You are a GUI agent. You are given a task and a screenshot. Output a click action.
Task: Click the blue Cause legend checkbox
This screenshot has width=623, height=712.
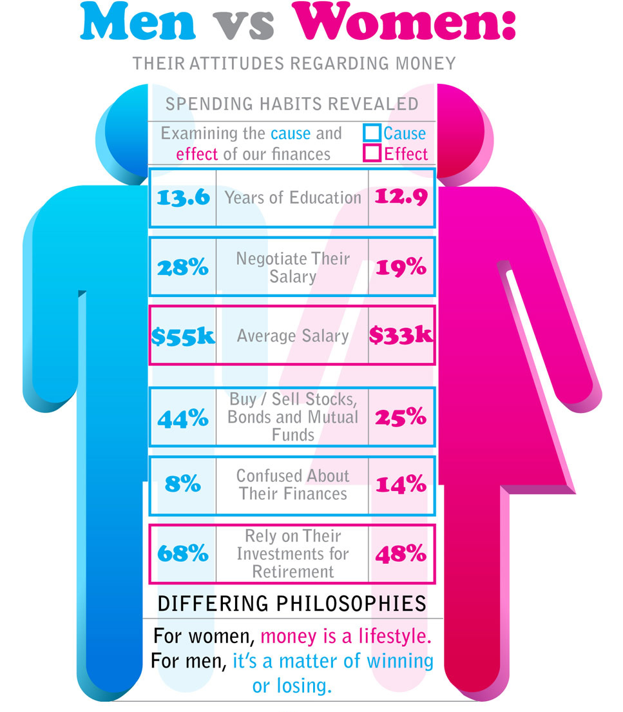click(x=372, y=133)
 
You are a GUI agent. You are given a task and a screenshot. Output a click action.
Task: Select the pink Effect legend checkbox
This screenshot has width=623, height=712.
click(x=372, y=154)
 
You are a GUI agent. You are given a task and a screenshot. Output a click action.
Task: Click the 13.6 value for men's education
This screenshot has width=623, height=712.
click(x=183, y=197)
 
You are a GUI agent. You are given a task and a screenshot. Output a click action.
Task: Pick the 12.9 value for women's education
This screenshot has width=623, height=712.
click(x=401, y=197)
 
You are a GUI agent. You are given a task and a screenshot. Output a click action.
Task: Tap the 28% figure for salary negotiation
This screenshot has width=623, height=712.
click(x=183, y=268)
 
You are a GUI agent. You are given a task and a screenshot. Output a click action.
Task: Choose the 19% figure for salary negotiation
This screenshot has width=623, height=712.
click(x=401, y=268)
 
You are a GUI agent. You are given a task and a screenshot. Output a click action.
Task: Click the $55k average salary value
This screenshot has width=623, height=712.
click(x=183, y=336)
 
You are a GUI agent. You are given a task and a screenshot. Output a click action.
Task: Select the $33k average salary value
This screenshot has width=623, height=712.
click(x=401, y=336)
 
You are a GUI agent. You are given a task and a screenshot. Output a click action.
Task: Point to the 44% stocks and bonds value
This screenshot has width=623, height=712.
click(x=183, y=418)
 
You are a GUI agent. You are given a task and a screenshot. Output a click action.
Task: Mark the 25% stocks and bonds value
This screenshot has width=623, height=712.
click(x=401, y=418)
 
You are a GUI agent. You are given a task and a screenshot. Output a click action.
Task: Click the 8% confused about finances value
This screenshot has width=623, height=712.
click(x=183, y=485)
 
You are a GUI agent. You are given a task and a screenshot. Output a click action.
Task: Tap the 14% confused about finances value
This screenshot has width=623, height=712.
click(x=401, y=485)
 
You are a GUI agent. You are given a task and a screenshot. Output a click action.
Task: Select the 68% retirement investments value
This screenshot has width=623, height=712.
click(x=183, y=553)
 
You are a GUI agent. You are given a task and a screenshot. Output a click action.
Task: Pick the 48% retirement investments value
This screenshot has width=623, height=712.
click(x=401, y=553)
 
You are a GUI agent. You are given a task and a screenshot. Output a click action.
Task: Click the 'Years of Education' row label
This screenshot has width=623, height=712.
click(x=292, y=197)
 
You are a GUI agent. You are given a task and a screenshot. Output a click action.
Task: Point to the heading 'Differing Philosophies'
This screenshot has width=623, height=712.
click(x=292, y=604)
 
